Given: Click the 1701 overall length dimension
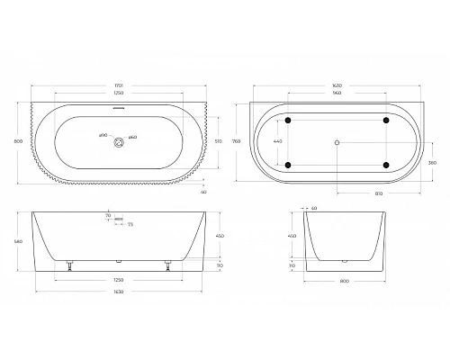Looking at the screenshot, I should [x=118, y=85].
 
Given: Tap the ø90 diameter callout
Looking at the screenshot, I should [x=102, y=136].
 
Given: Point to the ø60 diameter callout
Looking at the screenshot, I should [x=132, y=136].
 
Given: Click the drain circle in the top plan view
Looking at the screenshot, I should [x=118, y=140].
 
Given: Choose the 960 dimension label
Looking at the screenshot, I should [x=337, y=94].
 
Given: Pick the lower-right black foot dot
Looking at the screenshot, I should [x=385, y=164].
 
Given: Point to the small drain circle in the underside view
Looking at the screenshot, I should [x=337, y=141].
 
